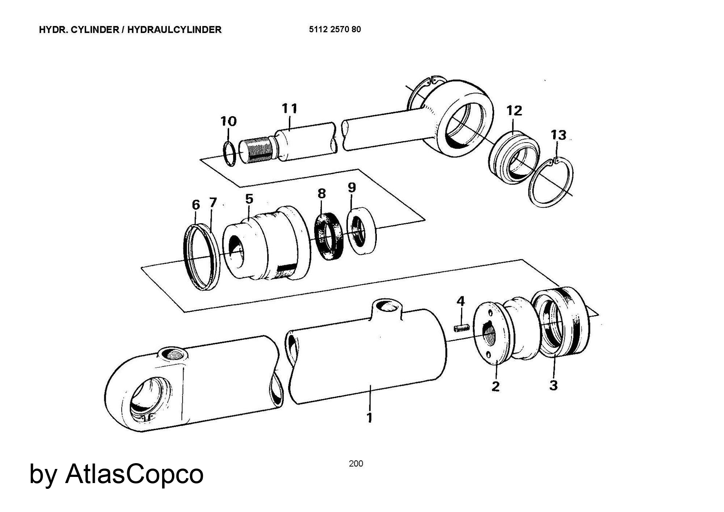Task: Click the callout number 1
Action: click(369, 417)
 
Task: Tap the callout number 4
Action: click(460, 301)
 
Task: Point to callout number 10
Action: click(228, 121)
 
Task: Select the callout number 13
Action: click(558, 135)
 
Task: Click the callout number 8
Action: click(321, 194)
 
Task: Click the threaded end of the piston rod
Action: click(256, 151)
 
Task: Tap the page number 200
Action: click(356, 464)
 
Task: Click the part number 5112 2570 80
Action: click(335, 30)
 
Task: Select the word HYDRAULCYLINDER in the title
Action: click(174, 30)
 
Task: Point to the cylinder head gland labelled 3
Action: click(559, 320)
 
